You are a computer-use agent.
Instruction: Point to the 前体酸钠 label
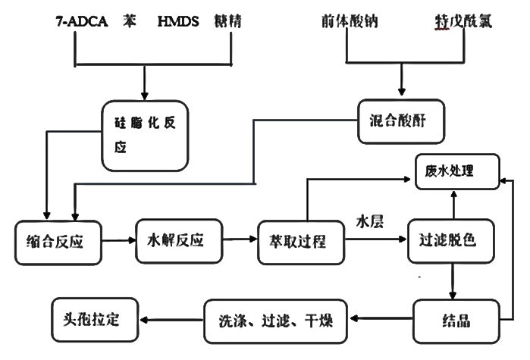click(347, 22)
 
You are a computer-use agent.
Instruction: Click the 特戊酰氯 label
click(459, 22)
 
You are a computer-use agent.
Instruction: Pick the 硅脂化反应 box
click(145, 133)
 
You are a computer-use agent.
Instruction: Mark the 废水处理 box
click(454, 172)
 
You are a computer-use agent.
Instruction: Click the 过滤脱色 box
click(453, 243)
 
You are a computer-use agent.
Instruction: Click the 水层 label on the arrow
click(372, 224)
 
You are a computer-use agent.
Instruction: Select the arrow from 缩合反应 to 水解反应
click(120, 241)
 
